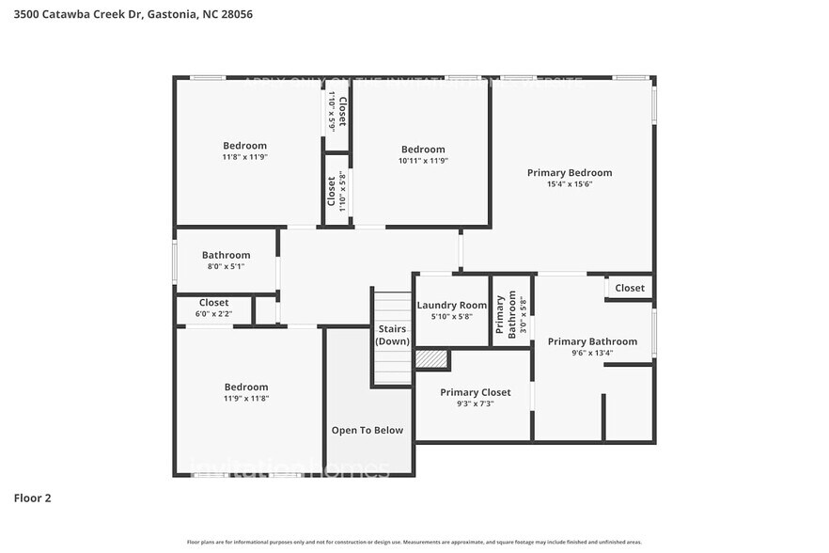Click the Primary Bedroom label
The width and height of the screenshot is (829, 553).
(569, 172)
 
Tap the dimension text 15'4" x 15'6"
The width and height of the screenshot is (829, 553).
(569, 184)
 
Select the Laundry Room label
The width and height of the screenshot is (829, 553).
(452, 305)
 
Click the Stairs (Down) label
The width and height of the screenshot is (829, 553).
(392, 335)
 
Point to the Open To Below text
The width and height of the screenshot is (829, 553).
(367, 430)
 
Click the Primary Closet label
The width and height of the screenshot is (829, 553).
(476, 392)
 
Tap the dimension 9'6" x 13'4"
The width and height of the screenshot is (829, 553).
(592, 354)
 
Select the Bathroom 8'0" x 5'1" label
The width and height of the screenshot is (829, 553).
(226, 261)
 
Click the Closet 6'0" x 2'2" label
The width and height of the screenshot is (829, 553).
(213, 308)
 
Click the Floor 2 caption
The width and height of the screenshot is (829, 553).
(33, 498)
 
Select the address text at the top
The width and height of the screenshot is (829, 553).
(133, 14)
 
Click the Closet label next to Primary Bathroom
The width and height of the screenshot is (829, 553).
(630, 288)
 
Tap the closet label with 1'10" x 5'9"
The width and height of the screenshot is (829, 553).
(336, 111)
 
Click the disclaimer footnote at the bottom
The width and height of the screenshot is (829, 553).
(414, 542)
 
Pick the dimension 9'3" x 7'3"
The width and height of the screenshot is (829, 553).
(476, 403)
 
